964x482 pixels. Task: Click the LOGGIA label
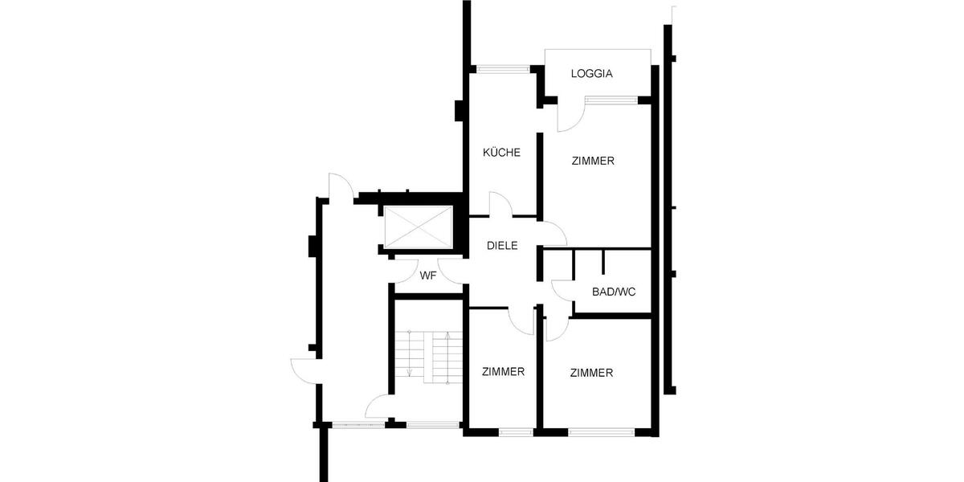(592, 74)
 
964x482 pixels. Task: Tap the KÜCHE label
(501, 153)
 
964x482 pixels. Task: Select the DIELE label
(502, 247)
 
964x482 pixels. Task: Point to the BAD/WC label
(614, 292)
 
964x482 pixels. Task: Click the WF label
(428, 276)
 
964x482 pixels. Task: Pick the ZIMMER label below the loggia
(593, 161)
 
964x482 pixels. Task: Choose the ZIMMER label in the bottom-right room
(592, 373)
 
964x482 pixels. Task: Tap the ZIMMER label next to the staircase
(504, 372)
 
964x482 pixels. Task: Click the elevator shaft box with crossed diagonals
(418, 228)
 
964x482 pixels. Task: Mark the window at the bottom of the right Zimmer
(602, 432)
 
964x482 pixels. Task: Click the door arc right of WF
(451, 272)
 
